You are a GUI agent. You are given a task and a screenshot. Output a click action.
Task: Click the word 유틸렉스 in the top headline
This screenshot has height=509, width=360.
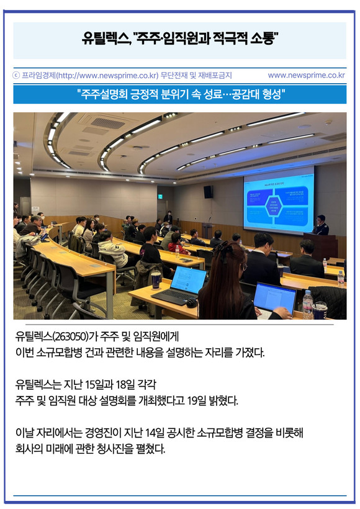[x=106, y=39]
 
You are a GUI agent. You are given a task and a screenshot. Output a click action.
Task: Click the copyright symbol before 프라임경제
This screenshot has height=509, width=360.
[x=16, y=75]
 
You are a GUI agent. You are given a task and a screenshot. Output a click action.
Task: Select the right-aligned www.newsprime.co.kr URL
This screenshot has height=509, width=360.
[x=307, y=75]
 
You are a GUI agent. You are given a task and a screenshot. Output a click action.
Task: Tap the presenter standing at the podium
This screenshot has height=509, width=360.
[x=321, y=225]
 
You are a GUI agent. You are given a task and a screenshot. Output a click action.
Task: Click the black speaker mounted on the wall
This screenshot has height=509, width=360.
[x=208, y=192]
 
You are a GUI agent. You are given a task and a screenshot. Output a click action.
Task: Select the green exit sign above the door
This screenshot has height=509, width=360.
[x=160, y=196]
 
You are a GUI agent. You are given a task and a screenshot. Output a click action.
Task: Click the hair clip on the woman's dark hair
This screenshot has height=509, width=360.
[x=225, y=250]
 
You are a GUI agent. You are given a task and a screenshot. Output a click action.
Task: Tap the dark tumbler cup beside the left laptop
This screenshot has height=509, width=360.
[x=156, y=280]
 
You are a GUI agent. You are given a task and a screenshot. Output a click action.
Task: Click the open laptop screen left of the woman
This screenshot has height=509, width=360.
[x=188, y=281]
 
